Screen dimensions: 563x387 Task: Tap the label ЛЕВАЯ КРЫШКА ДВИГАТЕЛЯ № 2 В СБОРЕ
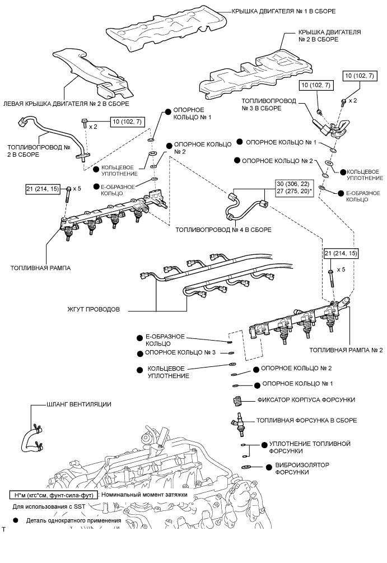pos(66,104)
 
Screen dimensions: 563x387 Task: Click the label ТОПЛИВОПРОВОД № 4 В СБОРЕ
pos(223,230)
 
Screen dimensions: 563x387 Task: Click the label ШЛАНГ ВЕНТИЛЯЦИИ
pos(79,404)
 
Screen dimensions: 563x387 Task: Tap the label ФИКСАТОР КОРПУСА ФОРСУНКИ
pos(306,400)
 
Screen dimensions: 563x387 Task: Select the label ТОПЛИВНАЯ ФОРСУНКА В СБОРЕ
pos(306,420)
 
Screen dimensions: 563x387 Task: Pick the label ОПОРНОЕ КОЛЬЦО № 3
pos(180,353)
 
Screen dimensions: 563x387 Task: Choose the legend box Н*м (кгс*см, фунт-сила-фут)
pos(54,495)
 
